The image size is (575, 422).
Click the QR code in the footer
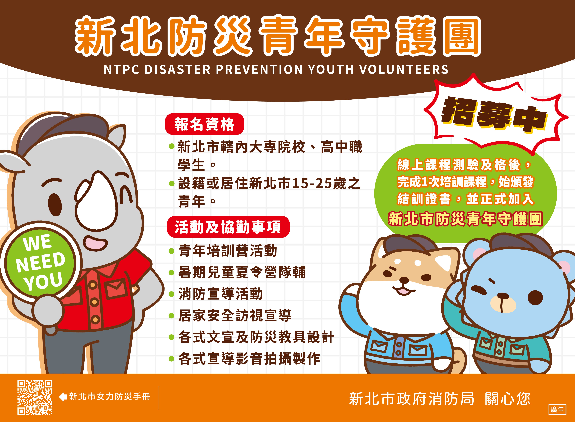[x=35, y=397]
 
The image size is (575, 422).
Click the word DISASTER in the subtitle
[x=178, y=69]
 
